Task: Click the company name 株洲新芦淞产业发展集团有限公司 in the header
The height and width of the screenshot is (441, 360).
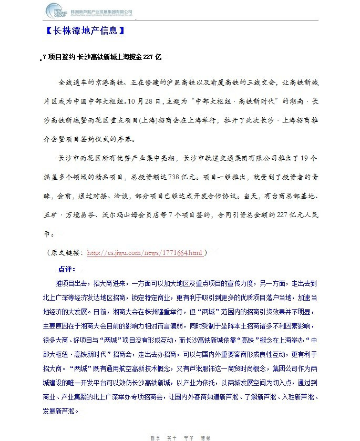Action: [101, 11]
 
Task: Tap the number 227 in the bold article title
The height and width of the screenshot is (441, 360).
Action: [148, 57]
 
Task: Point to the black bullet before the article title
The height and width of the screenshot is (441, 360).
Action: [41, 60]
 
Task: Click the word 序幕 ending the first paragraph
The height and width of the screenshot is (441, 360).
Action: [127, 139]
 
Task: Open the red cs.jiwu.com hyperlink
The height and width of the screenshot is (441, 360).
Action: [145, 253]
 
